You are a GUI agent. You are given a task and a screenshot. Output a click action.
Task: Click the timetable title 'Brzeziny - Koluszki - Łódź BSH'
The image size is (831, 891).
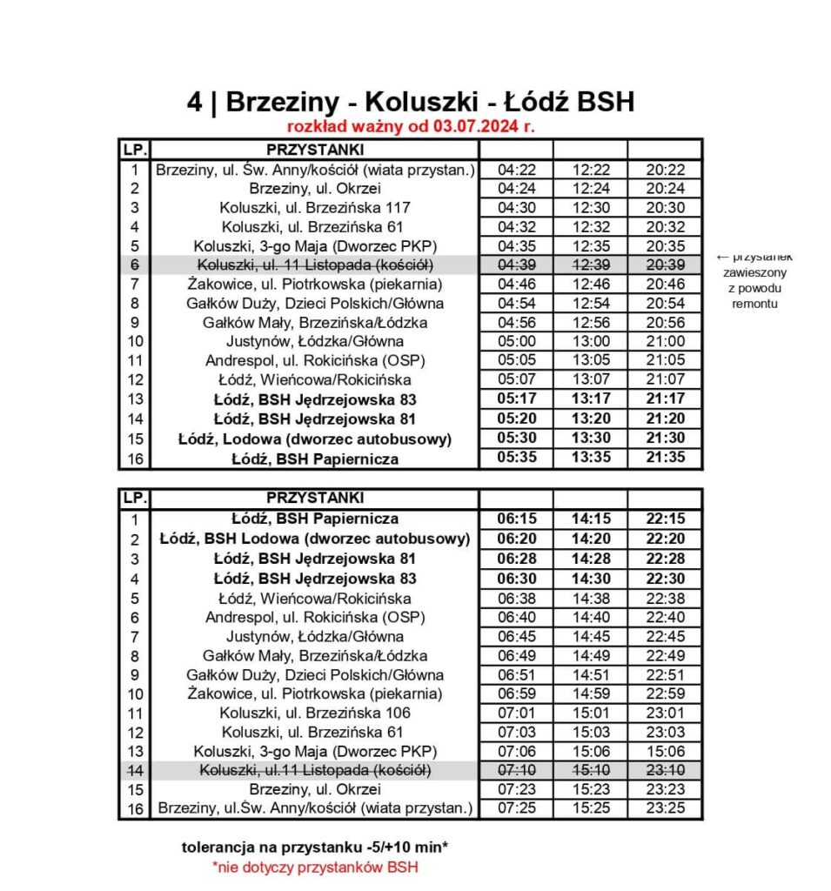pos(430,103)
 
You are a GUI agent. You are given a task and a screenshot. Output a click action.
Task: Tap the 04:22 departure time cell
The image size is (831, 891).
pos(515,170)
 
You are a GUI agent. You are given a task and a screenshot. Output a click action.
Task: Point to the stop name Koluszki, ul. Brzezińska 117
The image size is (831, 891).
pos(314,208)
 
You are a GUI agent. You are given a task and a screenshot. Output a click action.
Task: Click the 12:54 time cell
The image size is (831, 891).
pos(590,304)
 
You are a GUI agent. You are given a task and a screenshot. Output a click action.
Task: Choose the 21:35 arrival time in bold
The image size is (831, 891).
pos(665,458)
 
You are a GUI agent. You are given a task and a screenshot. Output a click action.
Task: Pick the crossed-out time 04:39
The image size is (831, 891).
pos(515,265)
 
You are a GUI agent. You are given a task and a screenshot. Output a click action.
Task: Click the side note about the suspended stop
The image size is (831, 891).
pos(754,280)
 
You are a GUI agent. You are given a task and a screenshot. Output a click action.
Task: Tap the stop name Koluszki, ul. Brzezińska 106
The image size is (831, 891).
pos(314,713)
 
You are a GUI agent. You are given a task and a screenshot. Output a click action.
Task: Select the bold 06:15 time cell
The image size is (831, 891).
pos(515,519)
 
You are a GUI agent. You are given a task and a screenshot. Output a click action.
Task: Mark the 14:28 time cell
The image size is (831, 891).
pos(590,558)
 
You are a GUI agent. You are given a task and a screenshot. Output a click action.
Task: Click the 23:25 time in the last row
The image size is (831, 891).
pos(665,808)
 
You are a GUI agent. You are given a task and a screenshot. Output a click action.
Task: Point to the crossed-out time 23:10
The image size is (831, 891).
pos(665,771)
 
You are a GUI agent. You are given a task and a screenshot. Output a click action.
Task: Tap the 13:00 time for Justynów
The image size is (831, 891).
pos(590,342)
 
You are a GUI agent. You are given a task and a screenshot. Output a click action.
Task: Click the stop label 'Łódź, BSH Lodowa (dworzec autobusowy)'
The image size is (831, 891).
pos(314,539)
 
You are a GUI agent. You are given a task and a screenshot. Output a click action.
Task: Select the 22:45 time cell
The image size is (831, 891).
pos(665,636)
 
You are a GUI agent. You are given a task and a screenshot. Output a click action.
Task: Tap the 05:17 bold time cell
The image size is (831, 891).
pos(515,400)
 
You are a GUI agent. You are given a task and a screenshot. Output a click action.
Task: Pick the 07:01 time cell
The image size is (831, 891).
pos(515,713)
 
